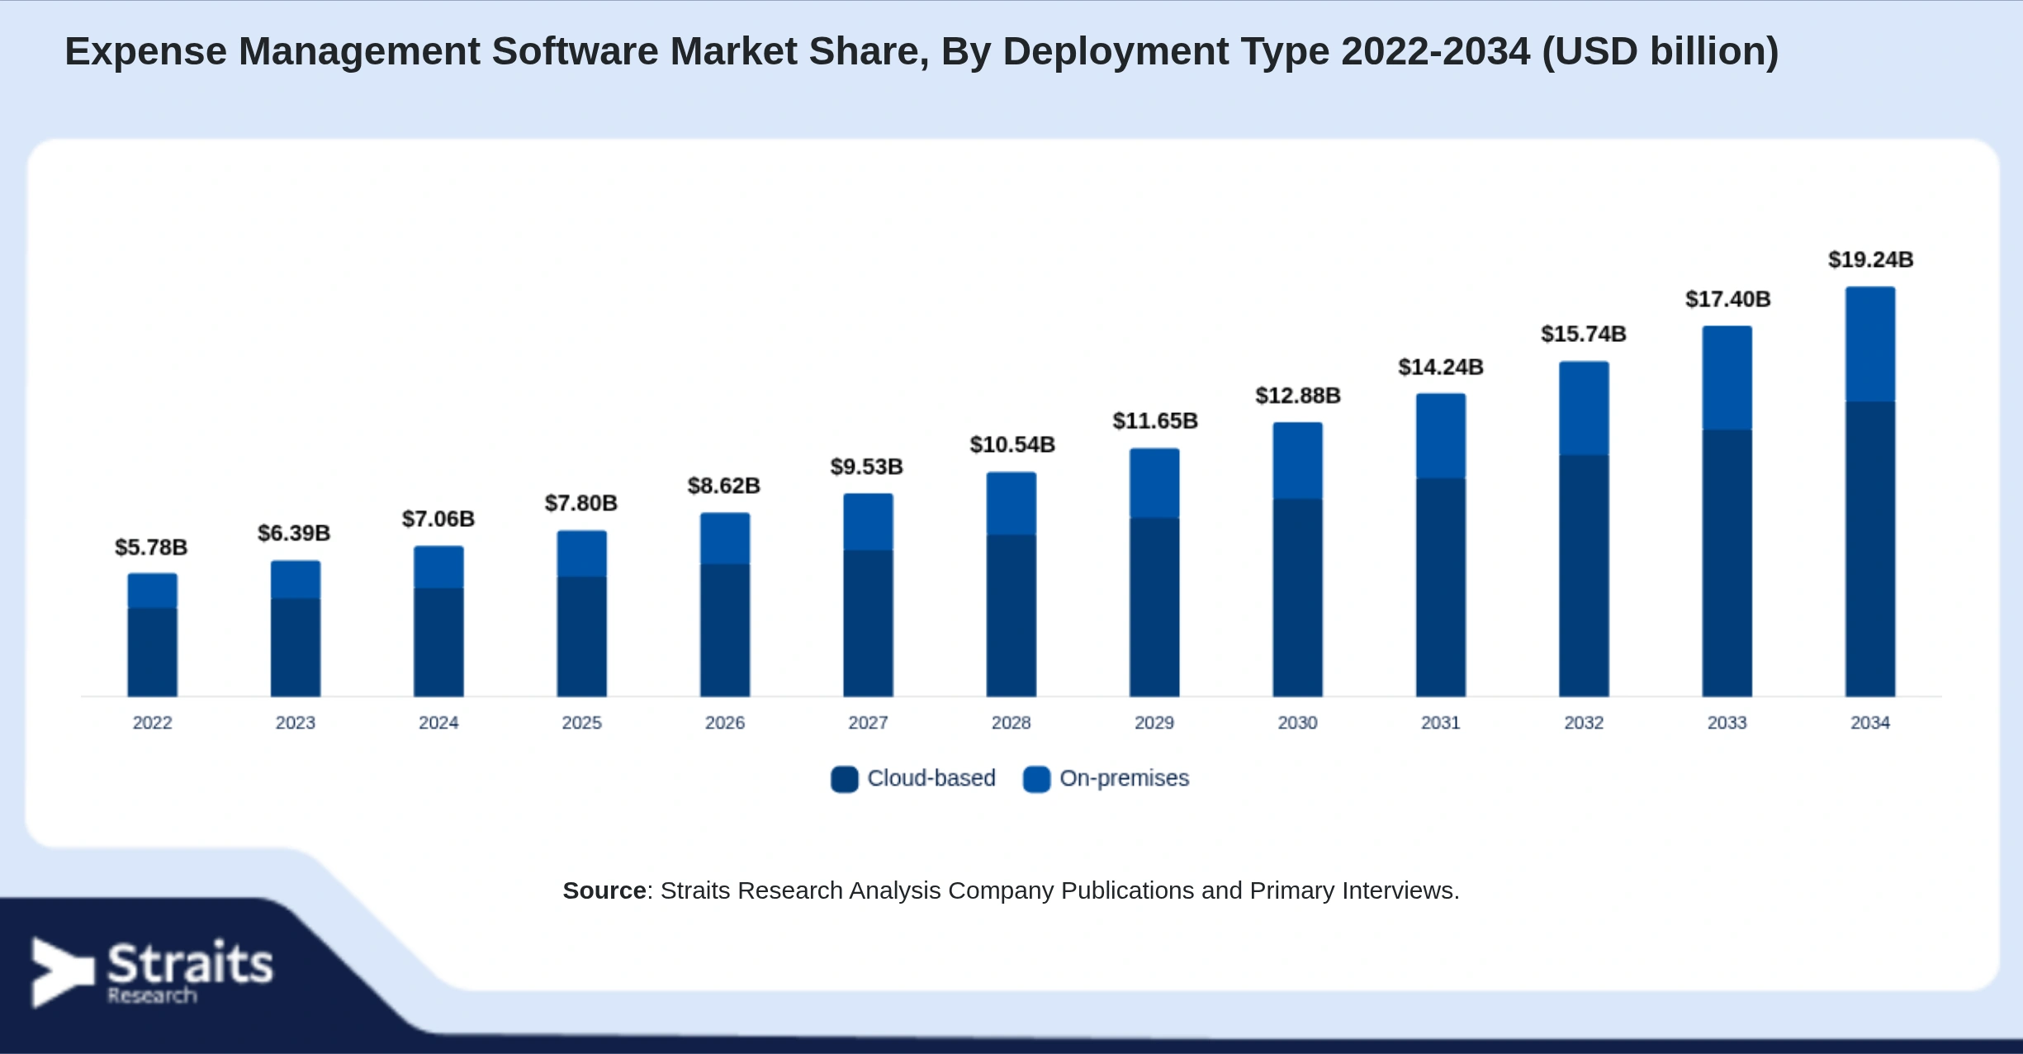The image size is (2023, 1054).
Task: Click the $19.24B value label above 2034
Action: [x=1870, y=259]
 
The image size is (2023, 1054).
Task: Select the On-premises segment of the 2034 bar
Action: [x=1870, y=344]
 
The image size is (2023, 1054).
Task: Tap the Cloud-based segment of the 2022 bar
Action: [x=152, y=653]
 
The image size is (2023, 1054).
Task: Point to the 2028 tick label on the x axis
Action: [x=1011, y=723]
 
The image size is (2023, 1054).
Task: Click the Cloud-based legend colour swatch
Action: [x=844, y=779]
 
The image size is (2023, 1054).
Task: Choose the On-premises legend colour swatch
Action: [x=1036, y=779]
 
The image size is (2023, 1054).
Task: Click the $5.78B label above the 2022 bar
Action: [x=151, y=547]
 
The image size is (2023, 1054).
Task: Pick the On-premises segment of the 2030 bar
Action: [x=1297, y=461]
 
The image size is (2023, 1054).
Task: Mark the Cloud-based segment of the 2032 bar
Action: [x=1584, y=576]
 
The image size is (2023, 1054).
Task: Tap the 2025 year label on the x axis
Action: [x=581, y=723]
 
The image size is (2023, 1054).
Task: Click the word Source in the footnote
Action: [x=604, y=890]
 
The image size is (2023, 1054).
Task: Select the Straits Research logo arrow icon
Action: [x=63, y=972]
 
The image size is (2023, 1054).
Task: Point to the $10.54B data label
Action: [x=1012, y=444]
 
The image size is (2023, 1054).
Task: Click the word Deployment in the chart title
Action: [x=1116, y=52]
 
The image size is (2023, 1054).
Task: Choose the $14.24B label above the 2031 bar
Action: [x=1441, y=367]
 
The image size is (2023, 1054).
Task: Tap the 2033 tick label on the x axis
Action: [x=1727, y=723]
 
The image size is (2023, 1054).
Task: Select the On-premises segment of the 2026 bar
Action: [x=725, y=539]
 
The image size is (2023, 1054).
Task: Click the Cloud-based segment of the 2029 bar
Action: [x=1154, y=607]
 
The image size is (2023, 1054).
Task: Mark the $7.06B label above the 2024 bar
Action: [x=438, y=519]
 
